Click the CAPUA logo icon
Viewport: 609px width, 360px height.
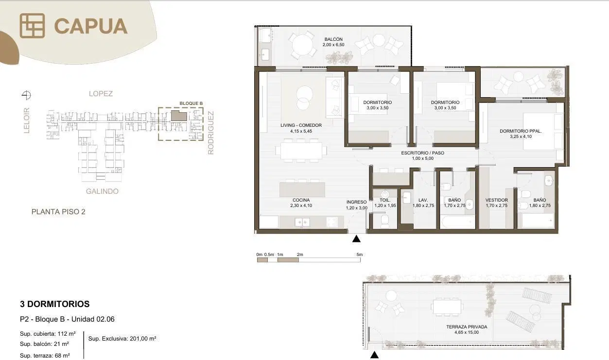(x=32, y=26)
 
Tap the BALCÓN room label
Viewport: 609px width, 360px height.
(x=333, y=39)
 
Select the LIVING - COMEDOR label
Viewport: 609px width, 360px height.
(x=301, y=125)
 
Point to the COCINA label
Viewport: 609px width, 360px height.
(x=301, y=200)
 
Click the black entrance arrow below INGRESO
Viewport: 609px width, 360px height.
(x=356, y=239)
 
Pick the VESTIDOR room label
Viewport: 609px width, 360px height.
(x=496, y=200)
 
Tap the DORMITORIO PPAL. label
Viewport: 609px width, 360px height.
(x=521, y=131)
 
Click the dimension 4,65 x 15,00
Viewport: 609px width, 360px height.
(x=467, y=332)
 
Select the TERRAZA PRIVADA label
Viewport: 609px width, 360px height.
(x=467, y=327)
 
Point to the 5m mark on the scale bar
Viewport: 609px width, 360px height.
(x=359, y=255)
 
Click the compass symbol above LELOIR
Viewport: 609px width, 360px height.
(x=26, y=95)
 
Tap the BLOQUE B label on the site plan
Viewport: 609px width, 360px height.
(x=191, y=103)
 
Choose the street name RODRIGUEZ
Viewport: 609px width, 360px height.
(x=211, y=133)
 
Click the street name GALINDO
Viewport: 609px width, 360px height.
(x=102, y=191)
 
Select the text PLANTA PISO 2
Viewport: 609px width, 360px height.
(x=58, y=212)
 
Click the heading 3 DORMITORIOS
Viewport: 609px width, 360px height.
(x=54, y=304)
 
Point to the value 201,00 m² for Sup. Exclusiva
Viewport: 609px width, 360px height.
(x=143, y=339)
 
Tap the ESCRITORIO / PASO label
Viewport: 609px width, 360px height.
(x=422, y=153)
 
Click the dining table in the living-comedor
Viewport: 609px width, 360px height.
(x=301, y=151)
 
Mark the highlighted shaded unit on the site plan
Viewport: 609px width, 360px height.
(x=179, y=116)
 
